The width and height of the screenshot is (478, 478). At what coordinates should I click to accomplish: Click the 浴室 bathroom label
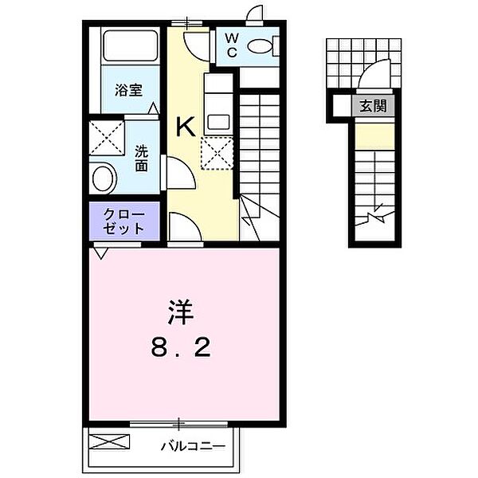pyautogui.click(x=128, y=90)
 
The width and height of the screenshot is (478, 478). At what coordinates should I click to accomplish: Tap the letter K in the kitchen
pyautogui.click(x=185, y=127)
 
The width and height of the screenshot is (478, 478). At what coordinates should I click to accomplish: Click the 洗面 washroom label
pyautogui.click(x=140, y=158)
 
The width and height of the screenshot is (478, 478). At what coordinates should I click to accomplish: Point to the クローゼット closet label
pyautogui.click(x=124, y=221)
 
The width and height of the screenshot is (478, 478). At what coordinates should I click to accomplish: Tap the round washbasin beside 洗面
pyautogui.click(x=104, y=177)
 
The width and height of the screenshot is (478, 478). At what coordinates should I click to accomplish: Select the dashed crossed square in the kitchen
pyautogui.click(x=216, y=153)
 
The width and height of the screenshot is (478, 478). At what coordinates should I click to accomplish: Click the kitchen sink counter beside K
pyautogui.click(x=217, y=103)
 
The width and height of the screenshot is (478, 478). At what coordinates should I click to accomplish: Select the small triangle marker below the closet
pyautogui.click(x=100, y=253)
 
